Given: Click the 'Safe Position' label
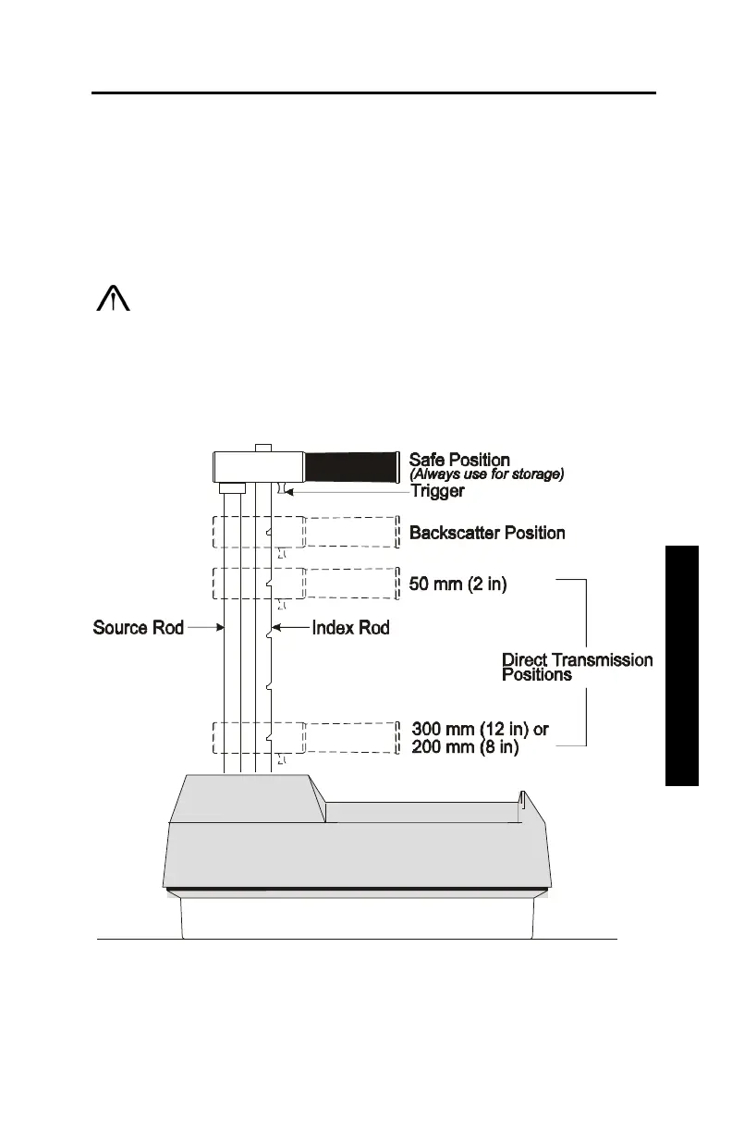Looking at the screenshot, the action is point(459,460).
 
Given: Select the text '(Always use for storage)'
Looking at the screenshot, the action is point(486,474).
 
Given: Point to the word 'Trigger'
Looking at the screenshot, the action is point(437,491).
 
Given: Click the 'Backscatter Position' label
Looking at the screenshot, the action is point(487,533).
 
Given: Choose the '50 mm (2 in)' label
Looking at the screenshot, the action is point(457,584).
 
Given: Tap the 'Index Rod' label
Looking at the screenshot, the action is point(350,628).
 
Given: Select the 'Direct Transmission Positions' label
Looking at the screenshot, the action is point(577,667).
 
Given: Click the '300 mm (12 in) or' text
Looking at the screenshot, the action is point(480,730).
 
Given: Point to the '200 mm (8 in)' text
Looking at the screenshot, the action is point(465,747).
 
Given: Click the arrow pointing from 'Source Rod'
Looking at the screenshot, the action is point(205,628).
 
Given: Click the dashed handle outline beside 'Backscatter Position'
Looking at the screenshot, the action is point(352,532).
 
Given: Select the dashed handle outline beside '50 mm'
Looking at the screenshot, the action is point(352,584).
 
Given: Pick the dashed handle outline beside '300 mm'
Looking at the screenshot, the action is point(352,737).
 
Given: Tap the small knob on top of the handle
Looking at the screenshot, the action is point(262,448).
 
